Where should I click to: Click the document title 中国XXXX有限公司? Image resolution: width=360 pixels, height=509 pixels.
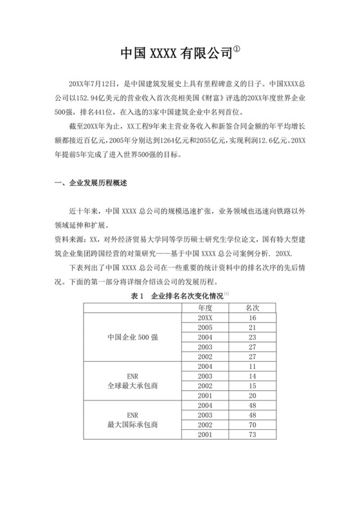(x=175, y=55)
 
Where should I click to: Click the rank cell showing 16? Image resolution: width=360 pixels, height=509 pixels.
(x=252, y=318)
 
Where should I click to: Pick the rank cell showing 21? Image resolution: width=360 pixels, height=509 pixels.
(x=252, y=328)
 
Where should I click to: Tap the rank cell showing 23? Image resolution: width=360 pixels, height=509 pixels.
(x=252, y=337)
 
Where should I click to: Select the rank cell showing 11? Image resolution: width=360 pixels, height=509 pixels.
(x=252, y=366)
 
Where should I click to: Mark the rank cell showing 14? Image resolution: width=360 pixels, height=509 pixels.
(x=252, y=375)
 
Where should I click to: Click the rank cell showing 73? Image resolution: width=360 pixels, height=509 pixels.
(x=252, y=435)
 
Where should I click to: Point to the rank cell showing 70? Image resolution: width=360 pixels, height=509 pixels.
(x=252, y=425)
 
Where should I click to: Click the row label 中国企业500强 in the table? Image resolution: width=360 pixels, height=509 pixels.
(x=132, y=337)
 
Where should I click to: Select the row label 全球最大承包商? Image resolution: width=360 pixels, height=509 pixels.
(x=132, y=386)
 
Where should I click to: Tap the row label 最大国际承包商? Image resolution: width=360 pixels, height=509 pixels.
(x=132, y=425)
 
